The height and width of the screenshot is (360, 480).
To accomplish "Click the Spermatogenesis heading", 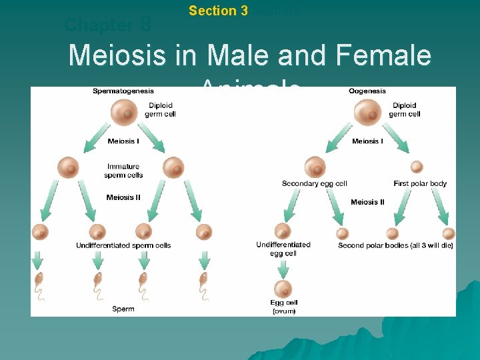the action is (x=123, y=91).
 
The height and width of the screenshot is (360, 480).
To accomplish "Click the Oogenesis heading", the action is (x=367, y=91).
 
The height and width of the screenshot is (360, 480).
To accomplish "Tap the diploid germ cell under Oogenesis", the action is (x=368, y=111).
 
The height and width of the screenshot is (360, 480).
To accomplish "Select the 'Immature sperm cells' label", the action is (x=123, y=171).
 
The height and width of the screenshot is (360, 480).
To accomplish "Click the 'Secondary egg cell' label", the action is (x=314, y=183).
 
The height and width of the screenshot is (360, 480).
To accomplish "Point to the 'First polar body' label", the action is (x=420, y=183).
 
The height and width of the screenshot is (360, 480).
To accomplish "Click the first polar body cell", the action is (x=417, y=167).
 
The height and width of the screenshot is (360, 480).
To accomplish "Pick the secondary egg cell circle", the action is (x=315, y=167).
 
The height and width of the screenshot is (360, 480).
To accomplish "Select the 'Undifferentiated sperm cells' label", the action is (x=123, y=245).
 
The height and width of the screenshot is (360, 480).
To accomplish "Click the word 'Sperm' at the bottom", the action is (x=123, y=309).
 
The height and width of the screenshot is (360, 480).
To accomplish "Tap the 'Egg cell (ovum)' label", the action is (x=284, y=307).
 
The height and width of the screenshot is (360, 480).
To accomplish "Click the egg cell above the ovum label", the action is (x=283, y=289).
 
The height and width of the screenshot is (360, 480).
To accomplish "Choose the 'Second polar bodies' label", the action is (x=396, y=245).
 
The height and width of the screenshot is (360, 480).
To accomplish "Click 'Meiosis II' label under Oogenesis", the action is (x=367, y=202).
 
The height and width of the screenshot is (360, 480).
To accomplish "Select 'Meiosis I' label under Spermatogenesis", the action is (x=123, y=141).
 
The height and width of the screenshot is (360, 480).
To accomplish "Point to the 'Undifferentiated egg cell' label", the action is (x=283, y=249).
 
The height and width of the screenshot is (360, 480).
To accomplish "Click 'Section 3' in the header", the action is (x=218, y=11).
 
